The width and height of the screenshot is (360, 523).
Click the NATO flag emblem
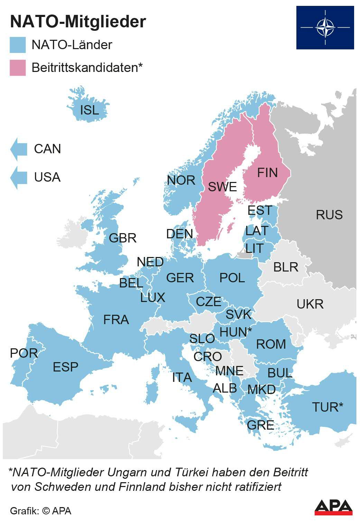point(325,27)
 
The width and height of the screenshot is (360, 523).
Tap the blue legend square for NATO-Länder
point(18,45)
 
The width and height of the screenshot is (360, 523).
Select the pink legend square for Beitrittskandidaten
point(18,67)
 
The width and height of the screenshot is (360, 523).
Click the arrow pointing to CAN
point(19,149)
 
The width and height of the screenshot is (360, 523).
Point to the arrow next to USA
point(19,177)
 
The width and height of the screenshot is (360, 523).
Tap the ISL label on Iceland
point(89,110)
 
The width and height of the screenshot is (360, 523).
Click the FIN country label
point(267,173)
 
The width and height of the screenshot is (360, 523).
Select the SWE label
point(222,187)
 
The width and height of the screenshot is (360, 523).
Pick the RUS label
point(329,215)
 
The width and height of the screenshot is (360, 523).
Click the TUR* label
point(327,407)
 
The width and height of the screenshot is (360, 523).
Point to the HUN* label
point(235,332)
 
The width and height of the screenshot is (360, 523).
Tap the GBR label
point(122,238)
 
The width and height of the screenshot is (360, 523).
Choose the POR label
point(24,353)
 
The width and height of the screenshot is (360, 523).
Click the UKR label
point(310,304)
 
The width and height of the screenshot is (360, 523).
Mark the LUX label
point(153,297)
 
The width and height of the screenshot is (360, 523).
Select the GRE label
point(260,425)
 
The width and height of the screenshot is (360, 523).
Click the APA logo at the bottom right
point(333,507)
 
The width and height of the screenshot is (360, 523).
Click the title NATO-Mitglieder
point(78,21)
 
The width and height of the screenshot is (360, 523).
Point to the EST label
point(260,210)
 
